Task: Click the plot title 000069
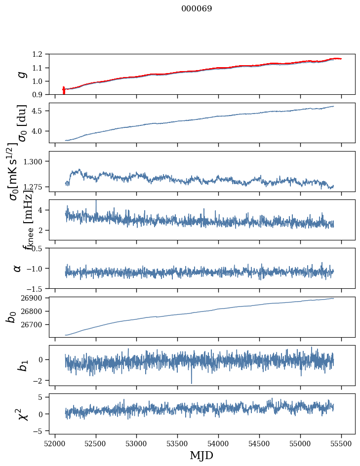click(x=197, y=9)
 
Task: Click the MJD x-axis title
click(x=202, y=456)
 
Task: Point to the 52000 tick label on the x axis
click(x=55, y=443)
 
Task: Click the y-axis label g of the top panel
click(x=20, y=74)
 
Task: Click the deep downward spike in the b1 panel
click(x=192, y=383)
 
